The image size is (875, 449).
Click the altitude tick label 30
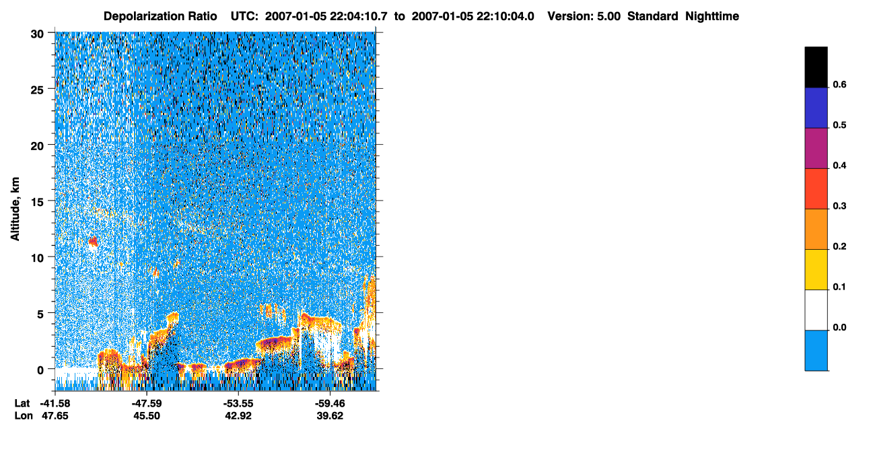click(37, 34)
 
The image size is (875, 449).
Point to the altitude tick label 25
click(37, 90)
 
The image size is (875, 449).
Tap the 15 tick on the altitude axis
click(37, 203)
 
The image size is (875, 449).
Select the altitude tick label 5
click(40, 314)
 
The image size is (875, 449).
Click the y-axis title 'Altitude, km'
click(15, 209)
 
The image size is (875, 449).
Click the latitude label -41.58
click(55, 403)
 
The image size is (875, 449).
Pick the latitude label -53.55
click(238, 403)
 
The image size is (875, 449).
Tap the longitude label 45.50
click(147, 416)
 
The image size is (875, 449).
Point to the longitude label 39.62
click(330, 416)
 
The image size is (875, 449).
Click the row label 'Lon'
click(24, 416)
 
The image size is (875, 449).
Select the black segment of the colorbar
click(816, 67)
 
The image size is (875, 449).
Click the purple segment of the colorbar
click(816, 149)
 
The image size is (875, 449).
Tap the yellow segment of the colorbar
click(816, 270)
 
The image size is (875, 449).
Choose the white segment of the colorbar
click(816, 310)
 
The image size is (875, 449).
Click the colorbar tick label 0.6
click(839, 85)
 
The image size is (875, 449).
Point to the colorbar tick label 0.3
click(839, 207)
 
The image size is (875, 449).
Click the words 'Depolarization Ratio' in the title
click(160, 16)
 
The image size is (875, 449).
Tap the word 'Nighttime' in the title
click(712, 16)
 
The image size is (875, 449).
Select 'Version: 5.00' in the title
click(584, 16)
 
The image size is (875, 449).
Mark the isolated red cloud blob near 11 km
click(93, 242)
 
